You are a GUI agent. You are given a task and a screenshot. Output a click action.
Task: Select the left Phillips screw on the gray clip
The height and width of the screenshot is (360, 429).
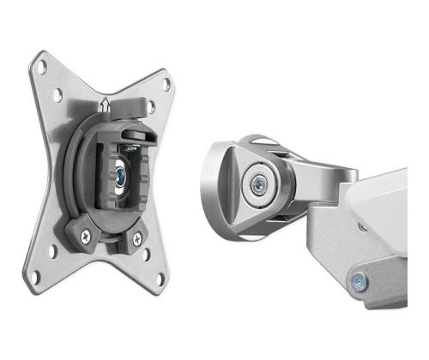[x=86, y=231]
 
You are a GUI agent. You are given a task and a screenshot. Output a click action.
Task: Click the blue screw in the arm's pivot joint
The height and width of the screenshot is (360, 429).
[x=257, y=183]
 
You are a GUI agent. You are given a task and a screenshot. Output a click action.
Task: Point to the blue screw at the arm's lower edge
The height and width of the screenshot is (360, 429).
[x=358, y=277]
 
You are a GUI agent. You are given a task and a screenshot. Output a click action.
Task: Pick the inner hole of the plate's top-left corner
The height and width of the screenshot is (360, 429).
[x=58, y=96]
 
